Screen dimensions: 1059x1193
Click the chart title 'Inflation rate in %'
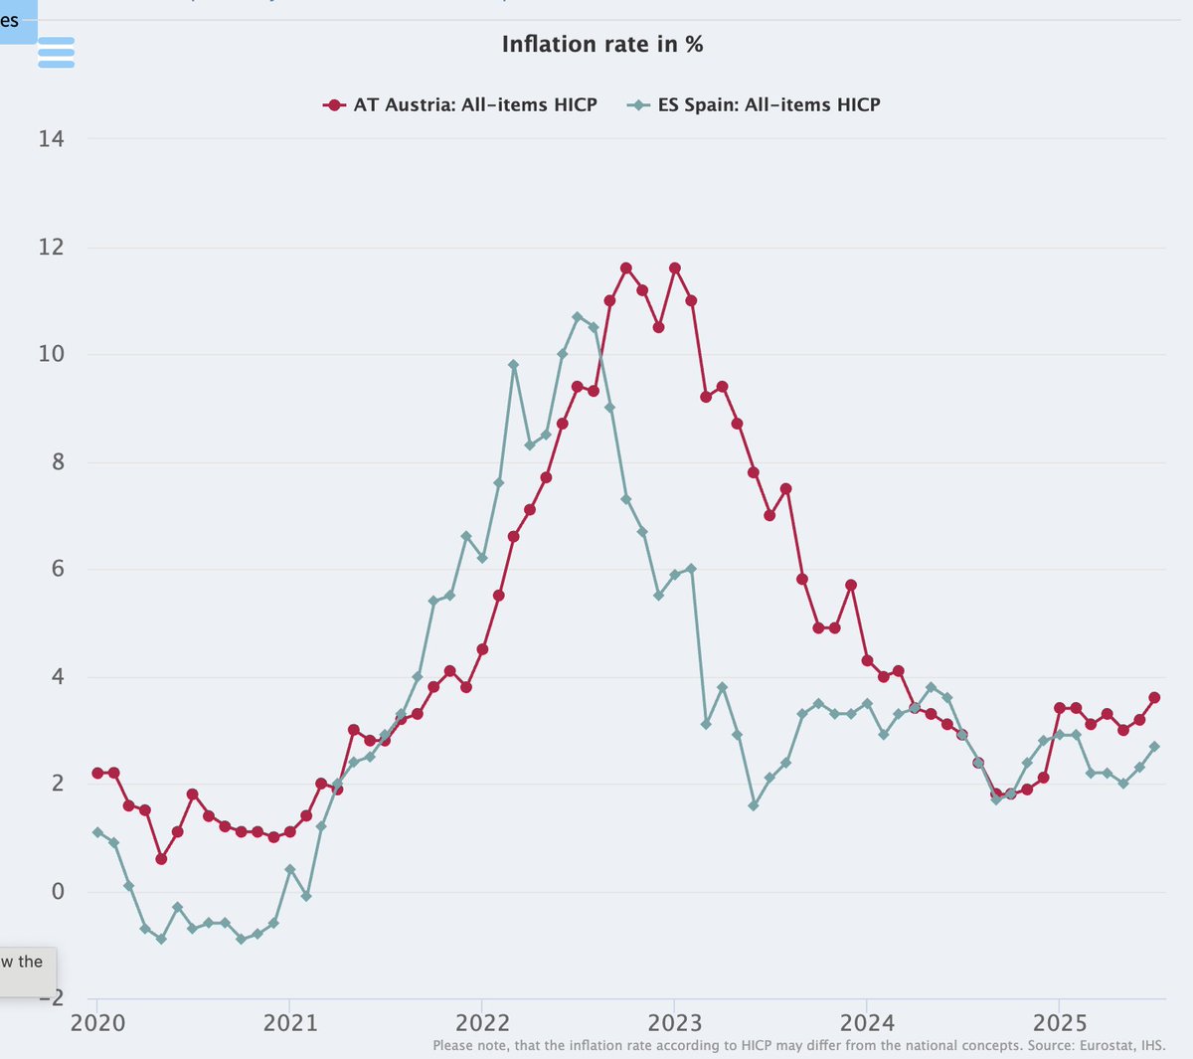point(601,45)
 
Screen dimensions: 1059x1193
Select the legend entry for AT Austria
point(461,104)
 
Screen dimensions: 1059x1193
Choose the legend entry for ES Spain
point(755,104)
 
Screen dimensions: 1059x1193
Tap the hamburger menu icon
point(57,52)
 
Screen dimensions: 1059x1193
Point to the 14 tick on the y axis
point(52,139)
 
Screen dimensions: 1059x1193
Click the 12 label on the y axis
point(52,247)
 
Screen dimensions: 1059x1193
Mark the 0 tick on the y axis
point(58,891)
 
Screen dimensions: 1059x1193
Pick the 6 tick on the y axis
point(58,569)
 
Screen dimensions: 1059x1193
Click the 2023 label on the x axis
point(674,1022)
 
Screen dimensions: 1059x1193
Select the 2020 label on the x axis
point(97,1022)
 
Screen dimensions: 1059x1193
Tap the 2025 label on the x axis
point(1059,1022)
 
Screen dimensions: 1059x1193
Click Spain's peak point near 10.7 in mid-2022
point(578,316)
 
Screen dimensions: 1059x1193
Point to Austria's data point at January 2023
point(675,267)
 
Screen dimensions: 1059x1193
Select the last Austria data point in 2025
point(1154,698)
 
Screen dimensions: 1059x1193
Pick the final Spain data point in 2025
point(1154,747)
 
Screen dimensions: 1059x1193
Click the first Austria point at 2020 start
point(97,773)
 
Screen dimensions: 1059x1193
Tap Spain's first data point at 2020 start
point(97,832)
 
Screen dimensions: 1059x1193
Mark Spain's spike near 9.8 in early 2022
point(514,365)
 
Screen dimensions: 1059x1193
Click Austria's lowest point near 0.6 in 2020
point(161,859)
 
